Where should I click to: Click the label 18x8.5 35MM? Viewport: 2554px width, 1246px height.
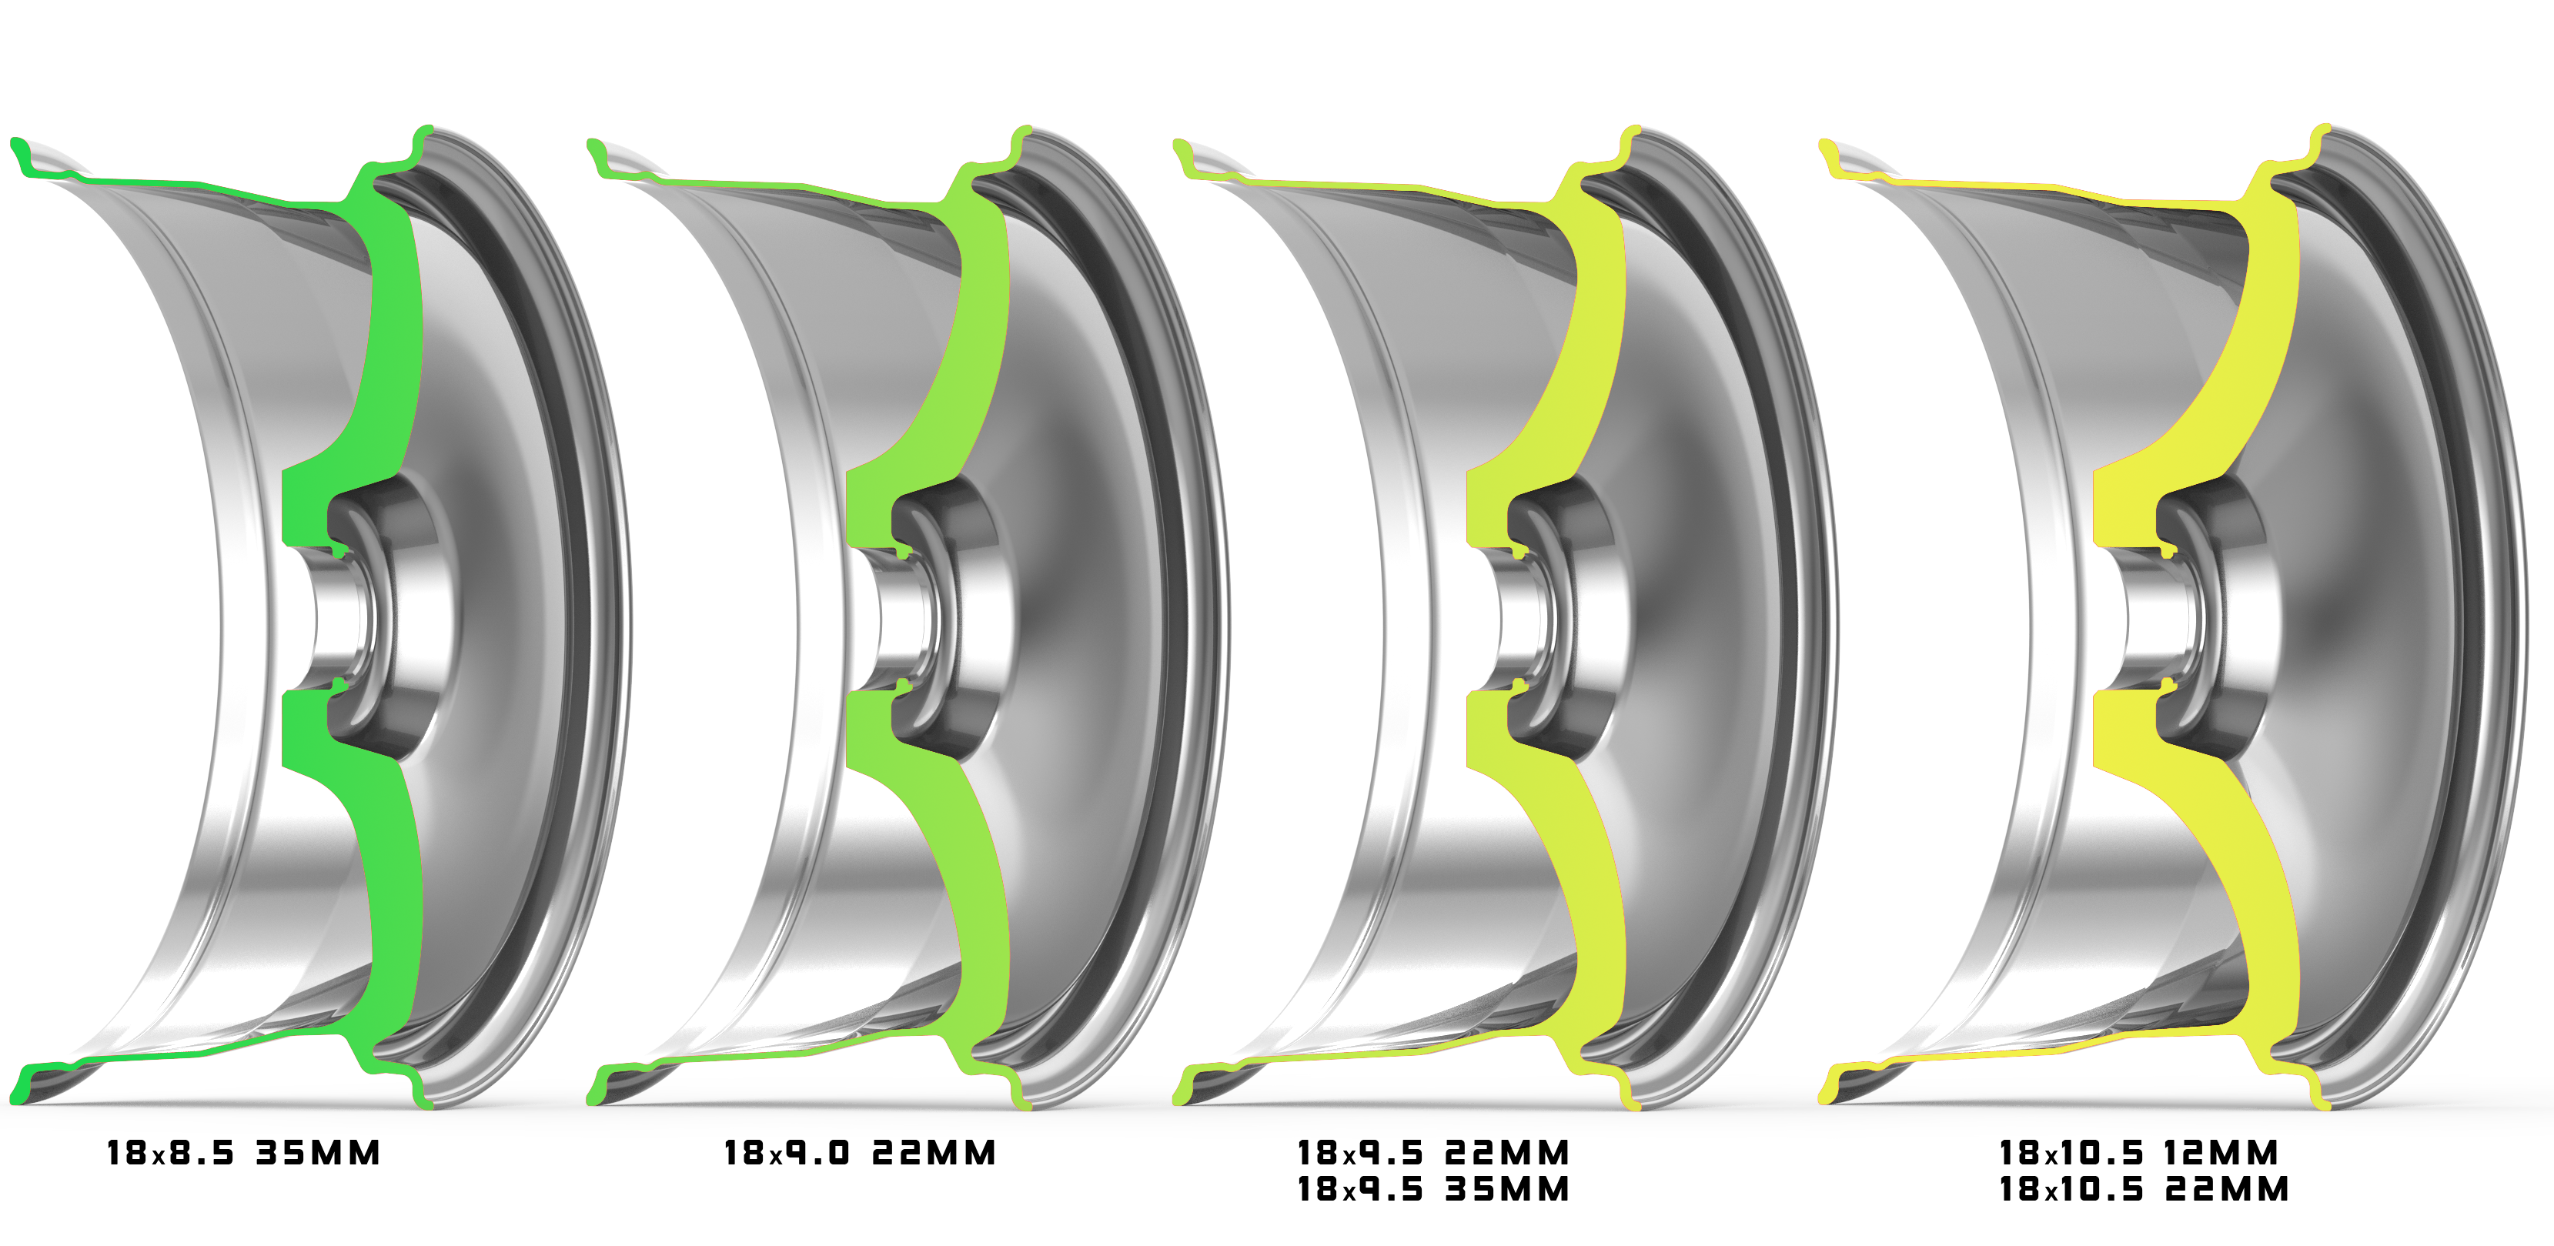click(244, 1153)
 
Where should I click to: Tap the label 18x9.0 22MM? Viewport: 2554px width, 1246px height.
click(860, 1153)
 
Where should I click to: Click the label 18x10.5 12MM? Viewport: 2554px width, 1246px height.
click(2138, 1153)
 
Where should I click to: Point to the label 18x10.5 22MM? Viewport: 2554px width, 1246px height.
click(2144, 1188)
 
